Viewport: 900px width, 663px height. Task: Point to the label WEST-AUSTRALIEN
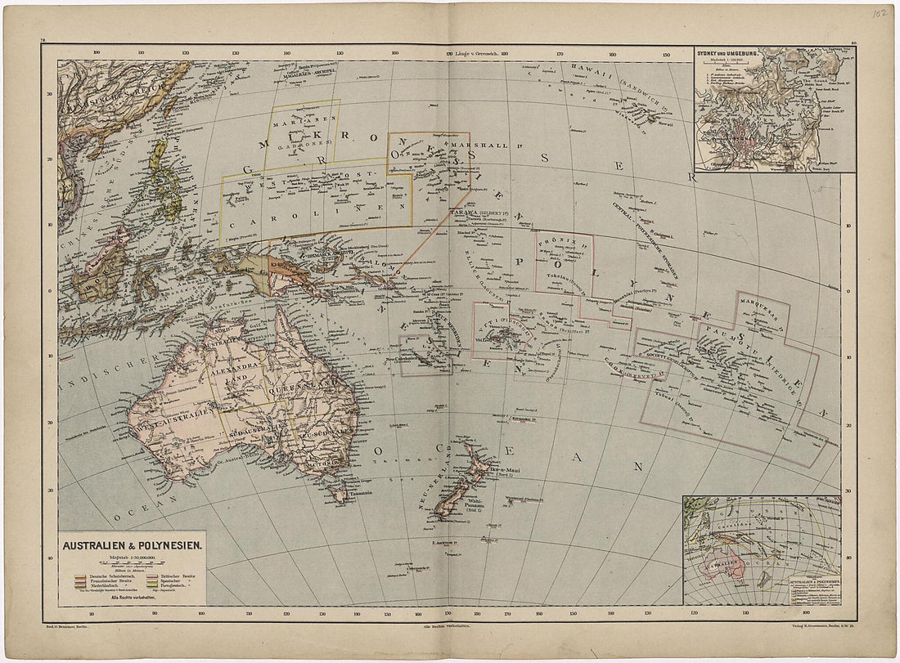[x=169, y=419]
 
